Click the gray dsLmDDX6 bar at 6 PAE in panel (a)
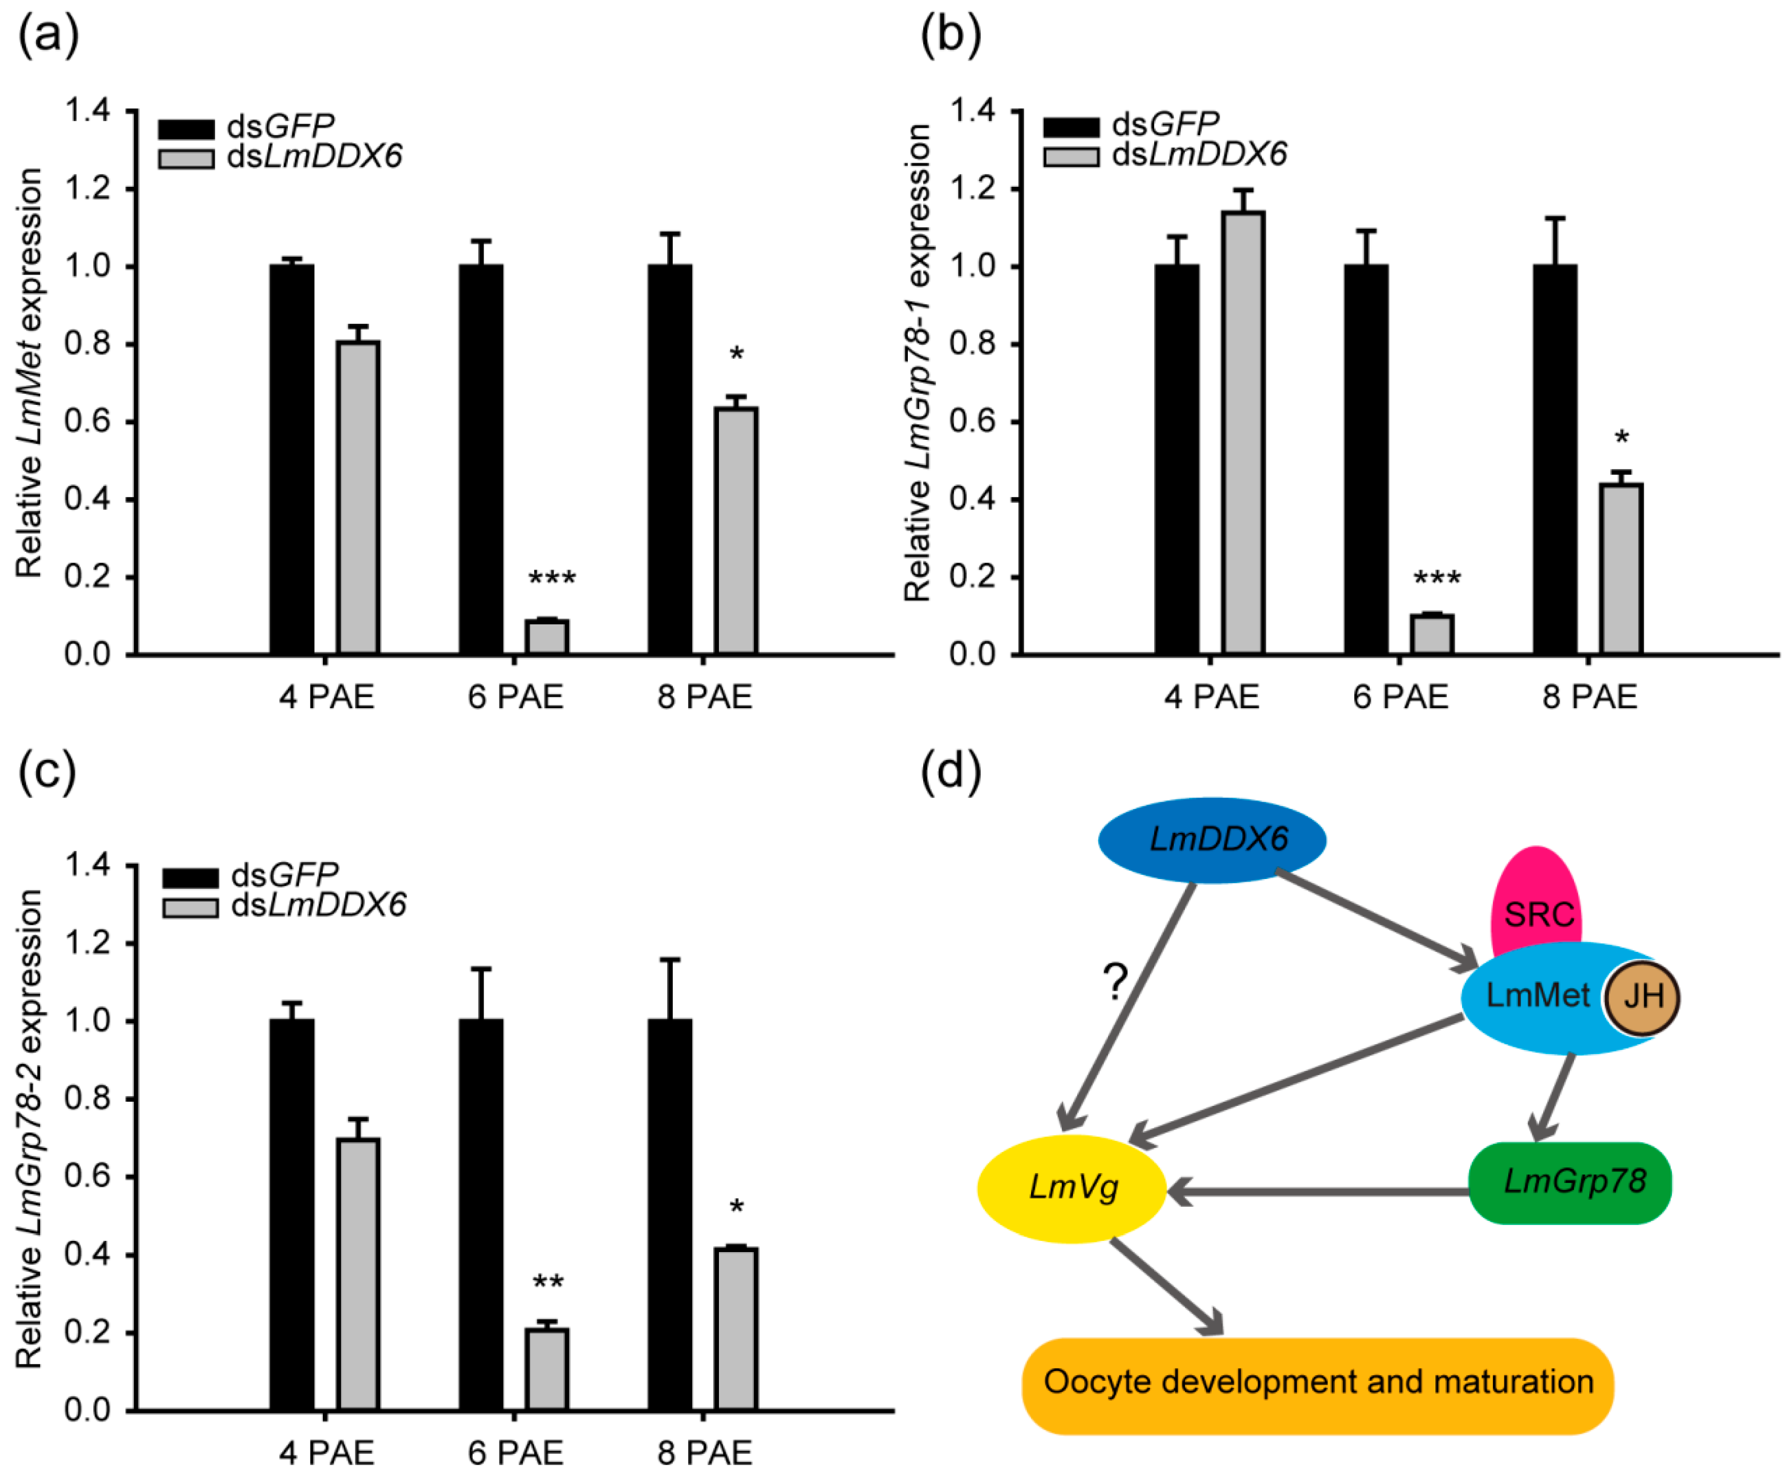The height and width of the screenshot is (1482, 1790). [x=547, y=637]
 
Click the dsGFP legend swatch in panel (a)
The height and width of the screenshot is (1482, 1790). [x=186, y=129]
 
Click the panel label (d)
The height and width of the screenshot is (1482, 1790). [x=950, y=771]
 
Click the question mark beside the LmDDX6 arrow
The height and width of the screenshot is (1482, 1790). [x=1115, y=983]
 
